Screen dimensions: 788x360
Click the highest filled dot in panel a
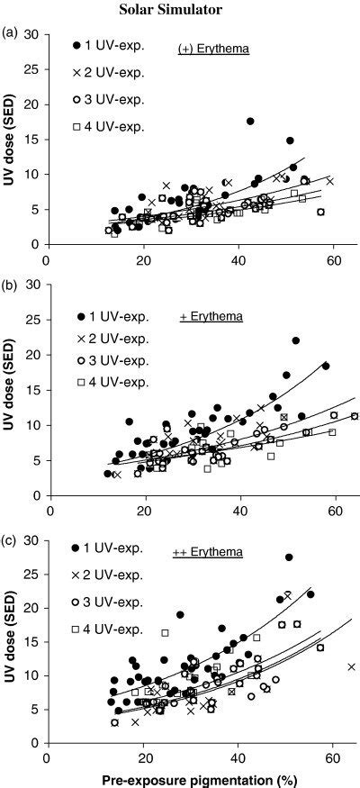pos(250,121)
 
